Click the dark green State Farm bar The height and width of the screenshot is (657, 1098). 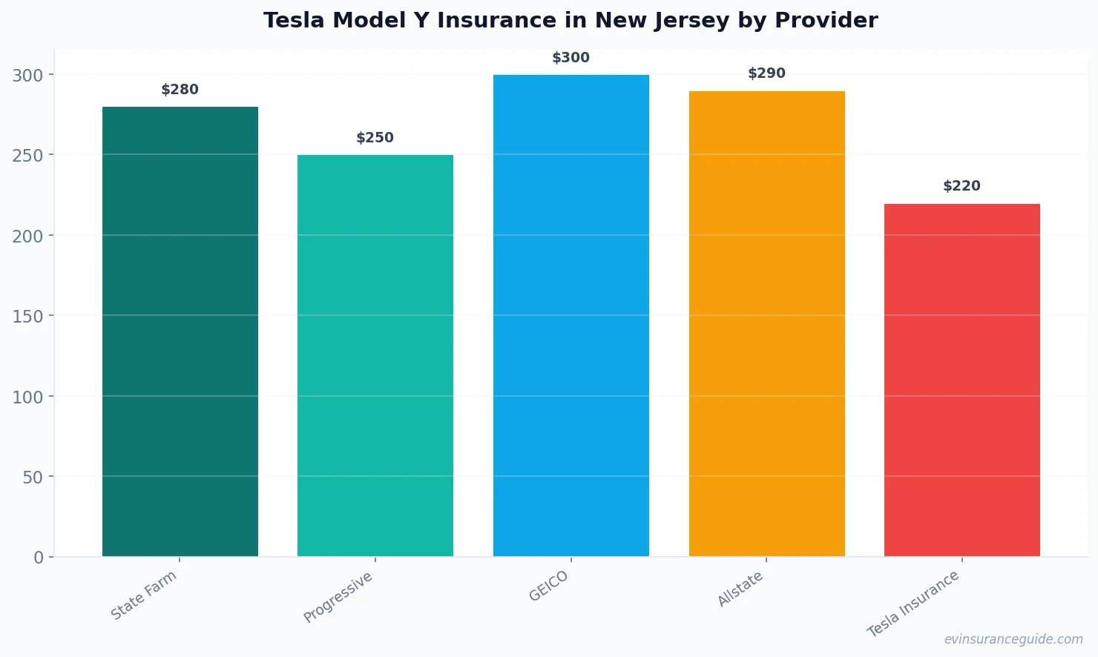point(180,331)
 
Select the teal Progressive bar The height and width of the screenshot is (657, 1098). point(375,355)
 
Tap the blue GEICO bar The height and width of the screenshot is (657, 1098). point(571,315)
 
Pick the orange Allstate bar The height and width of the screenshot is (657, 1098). point(766,323)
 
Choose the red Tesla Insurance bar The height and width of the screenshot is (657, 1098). point(961,380)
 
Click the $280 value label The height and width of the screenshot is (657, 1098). point(180,90)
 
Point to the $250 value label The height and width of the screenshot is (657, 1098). point(375,138)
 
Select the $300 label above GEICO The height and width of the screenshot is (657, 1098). point(571,58)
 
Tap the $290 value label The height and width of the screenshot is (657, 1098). point(766,73)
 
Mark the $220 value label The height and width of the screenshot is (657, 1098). point(961,186)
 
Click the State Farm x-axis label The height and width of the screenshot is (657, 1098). point(144,595)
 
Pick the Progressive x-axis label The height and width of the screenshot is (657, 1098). point(338,598)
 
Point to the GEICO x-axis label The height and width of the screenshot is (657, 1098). point(549,586)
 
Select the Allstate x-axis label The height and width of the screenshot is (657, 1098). point(740,590)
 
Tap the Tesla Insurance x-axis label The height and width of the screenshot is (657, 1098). point(913,604)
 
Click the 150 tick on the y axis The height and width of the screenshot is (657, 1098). point(27,316)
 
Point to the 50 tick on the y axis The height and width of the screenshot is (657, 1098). point(33,477)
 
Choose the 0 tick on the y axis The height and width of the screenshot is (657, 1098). point(39,558)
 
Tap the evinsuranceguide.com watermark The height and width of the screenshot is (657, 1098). point(1013,639)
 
